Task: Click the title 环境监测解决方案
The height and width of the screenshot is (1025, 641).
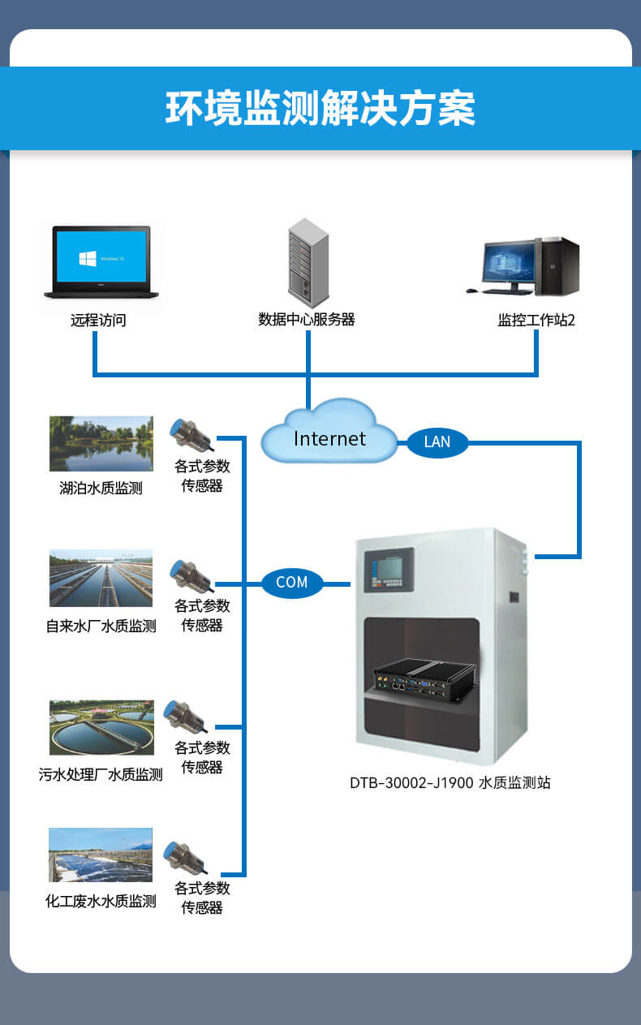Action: pos(320,108)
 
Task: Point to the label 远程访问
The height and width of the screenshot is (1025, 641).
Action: pos(98,321)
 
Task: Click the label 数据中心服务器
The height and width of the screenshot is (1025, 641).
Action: pos(307,320)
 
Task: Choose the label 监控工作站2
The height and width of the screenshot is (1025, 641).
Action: pos(536,320)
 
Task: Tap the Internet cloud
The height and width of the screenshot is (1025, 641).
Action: pos(329,435)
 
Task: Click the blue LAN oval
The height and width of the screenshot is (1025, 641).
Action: pos(437,441)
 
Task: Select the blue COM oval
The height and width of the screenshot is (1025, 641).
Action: pos(292,583)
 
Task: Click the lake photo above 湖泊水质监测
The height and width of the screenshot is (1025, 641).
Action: pos(101,443)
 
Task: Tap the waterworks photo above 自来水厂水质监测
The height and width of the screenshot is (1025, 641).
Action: pos(101,578)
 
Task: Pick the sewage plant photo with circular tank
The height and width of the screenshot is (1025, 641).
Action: pos(101,728)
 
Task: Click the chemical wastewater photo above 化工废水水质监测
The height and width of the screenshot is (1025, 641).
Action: pos(101,854)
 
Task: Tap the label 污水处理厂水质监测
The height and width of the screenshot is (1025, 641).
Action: pos(101,775)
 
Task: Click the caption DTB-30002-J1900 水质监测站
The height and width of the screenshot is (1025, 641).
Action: pos(450,783)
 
